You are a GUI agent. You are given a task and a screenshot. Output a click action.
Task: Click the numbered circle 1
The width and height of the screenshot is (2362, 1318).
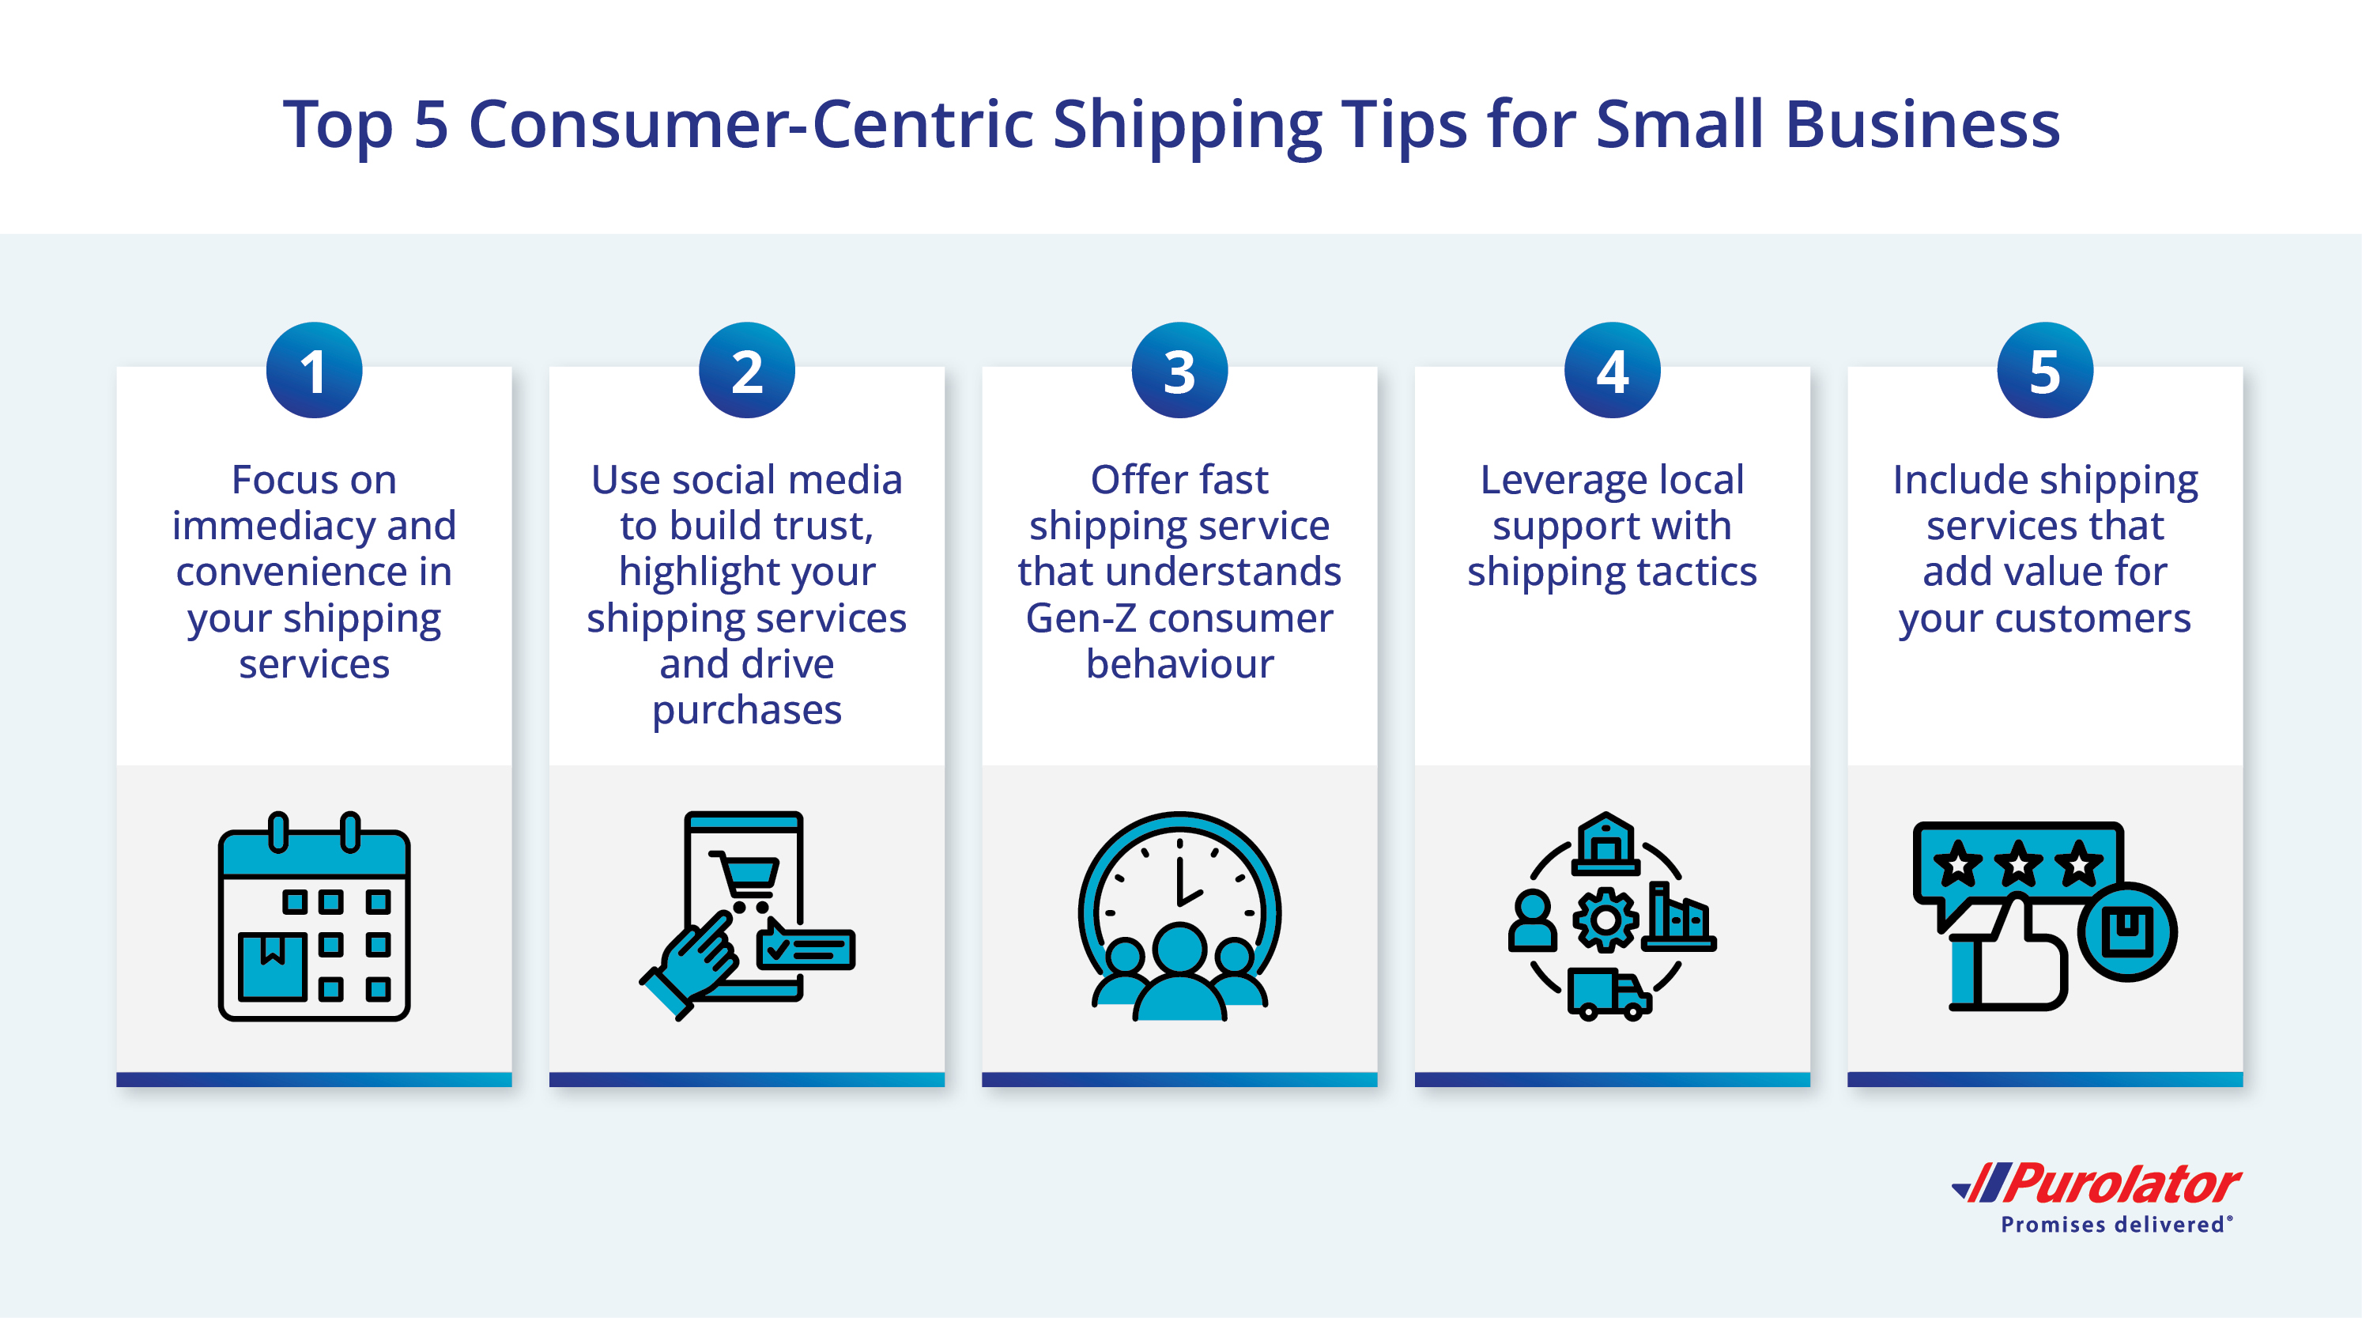pyautogui.click(x=315, y=371)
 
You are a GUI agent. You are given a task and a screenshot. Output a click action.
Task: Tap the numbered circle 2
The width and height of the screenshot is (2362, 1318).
pyautogui.click(x=747, y=371)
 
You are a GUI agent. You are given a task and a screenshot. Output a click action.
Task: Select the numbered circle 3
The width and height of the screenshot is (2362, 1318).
pyautogui.click(x=1180, y=371)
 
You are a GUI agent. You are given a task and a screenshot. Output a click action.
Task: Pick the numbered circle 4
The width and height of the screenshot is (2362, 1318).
pyautogui.click(x=1613, y=371)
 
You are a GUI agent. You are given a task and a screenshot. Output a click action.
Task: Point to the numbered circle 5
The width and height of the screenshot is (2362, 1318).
pyautogui.click(x=2046, y=371)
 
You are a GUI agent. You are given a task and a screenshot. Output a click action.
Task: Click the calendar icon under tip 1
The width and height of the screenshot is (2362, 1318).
pyautogui.click(x=315, y=916)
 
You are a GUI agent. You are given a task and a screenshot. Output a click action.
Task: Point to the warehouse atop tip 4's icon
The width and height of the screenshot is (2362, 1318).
pyautogui.click(x=1605, y=843)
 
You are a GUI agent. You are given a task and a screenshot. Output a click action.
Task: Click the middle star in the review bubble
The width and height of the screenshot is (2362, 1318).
pyautogui.click(x=2018, y=864)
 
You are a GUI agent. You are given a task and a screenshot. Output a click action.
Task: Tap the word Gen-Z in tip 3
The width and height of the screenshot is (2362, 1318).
pyautogui.click(x=1081, y=618)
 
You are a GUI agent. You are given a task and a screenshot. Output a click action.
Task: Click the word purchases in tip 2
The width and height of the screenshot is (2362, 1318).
pyautogui.click(x=747, y=712)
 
